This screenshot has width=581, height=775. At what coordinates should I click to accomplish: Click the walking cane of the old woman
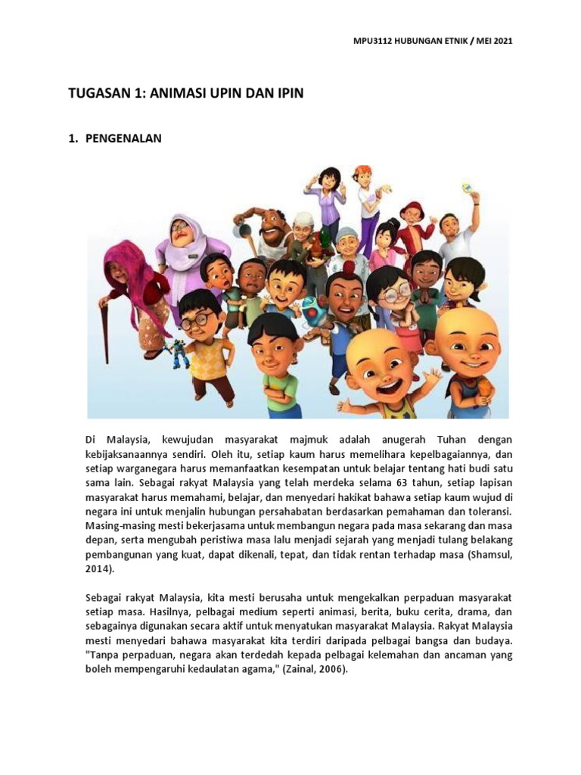pos(105,333)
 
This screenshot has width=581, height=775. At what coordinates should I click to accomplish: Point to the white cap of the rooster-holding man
pos(303,219)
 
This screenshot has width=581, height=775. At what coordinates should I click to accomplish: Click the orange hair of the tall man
pos(362,170)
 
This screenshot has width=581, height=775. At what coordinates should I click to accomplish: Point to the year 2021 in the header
pos(502,41)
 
